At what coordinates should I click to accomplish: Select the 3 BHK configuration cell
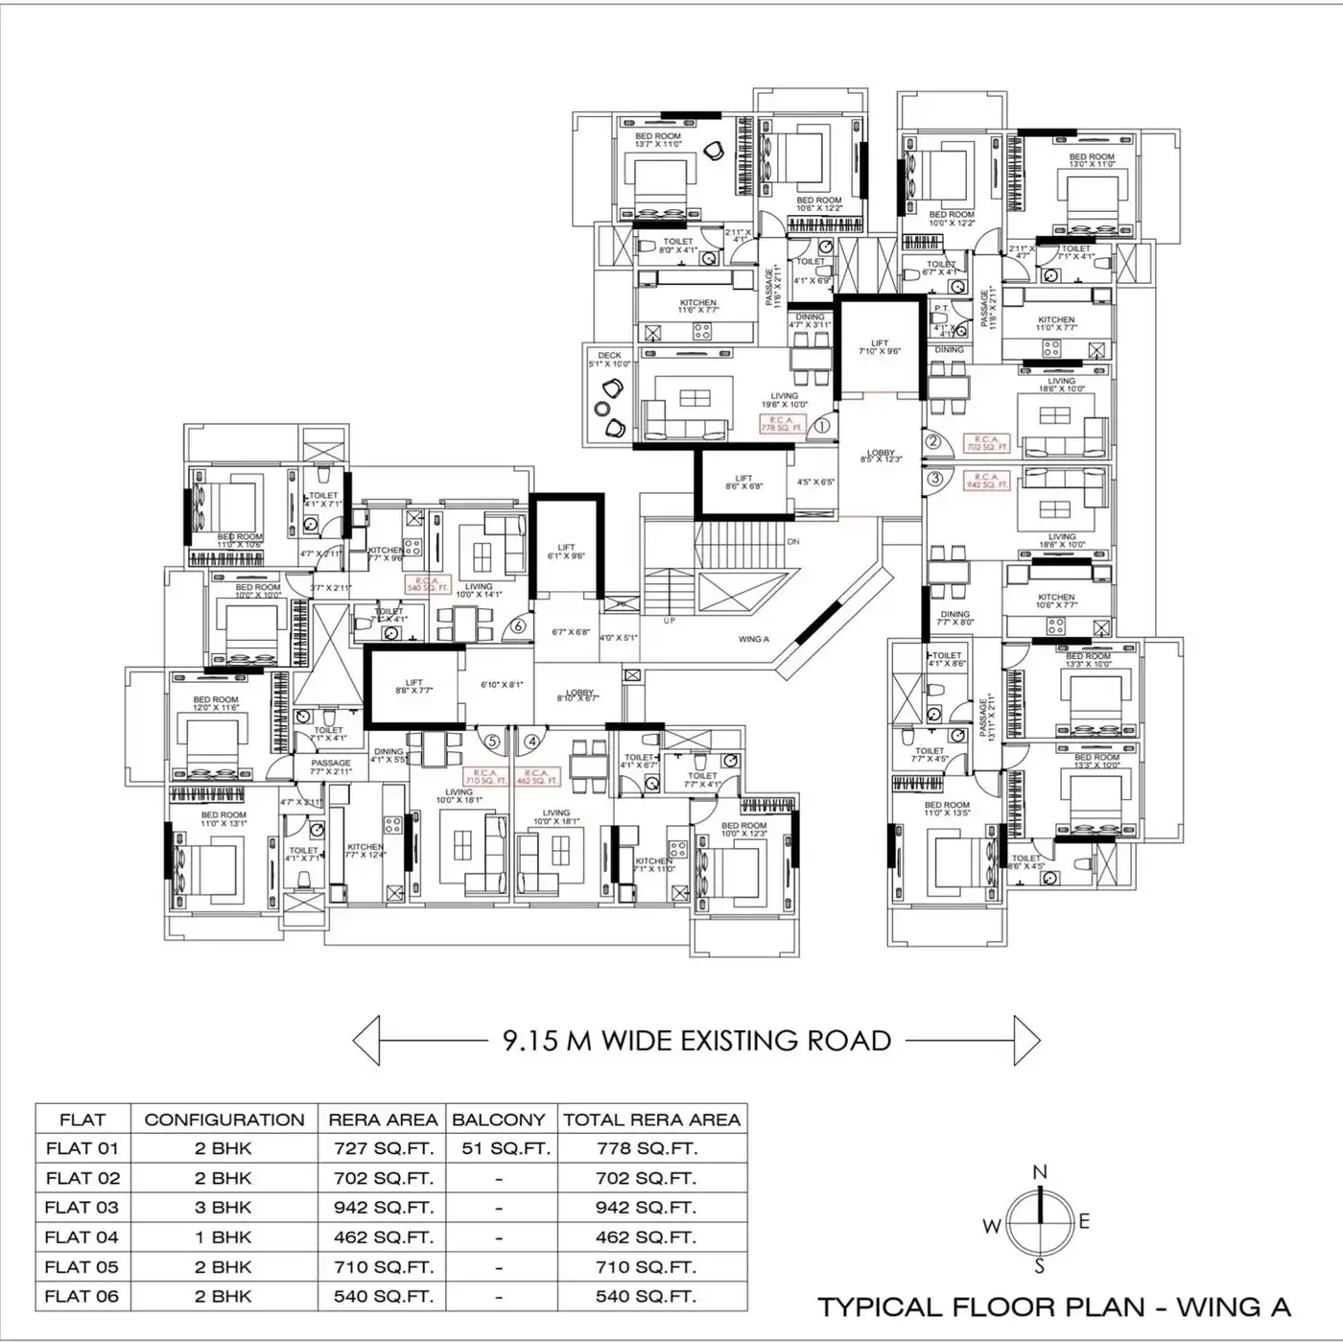click(224, 1208)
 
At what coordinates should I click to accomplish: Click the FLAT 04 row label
click(82, 1237)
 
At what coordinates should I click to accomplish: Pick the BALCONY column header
click(499, 1119)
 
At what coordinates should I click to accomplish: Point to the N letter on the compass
click(1040, 1172)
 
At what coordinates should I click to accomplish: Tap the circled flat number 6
click(519, 626)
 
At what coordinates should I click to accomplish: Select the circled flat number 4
click(531, 742)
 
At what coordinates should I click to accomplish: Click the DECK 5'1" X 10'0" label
click(609, 360)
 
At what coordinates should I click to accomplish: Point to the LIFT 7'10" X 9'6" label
click(880, 347)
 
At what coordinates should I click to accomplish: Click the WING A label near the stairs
click(754, 639)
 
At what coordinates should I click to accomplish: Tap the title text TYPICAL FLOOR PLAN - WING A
click(1053, 1307)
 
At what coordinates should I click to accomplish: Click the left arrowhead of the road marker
click(365, 1041)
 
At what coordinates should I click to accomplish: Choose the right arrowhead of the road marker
click(1028, 1041)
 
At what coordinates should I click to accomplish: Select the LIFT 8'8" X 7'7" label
click(414, 687)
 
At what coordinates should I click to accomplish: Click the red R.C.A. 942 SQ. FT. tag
click(986, 481)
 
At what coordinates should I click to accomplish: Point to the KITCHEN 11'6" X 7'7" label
click(697, 307)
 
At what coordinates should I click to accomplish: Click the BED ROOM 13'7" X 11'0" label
click(658, 140)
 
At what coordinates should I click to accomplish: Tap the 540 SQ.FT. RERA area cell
click(383, 1297)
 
